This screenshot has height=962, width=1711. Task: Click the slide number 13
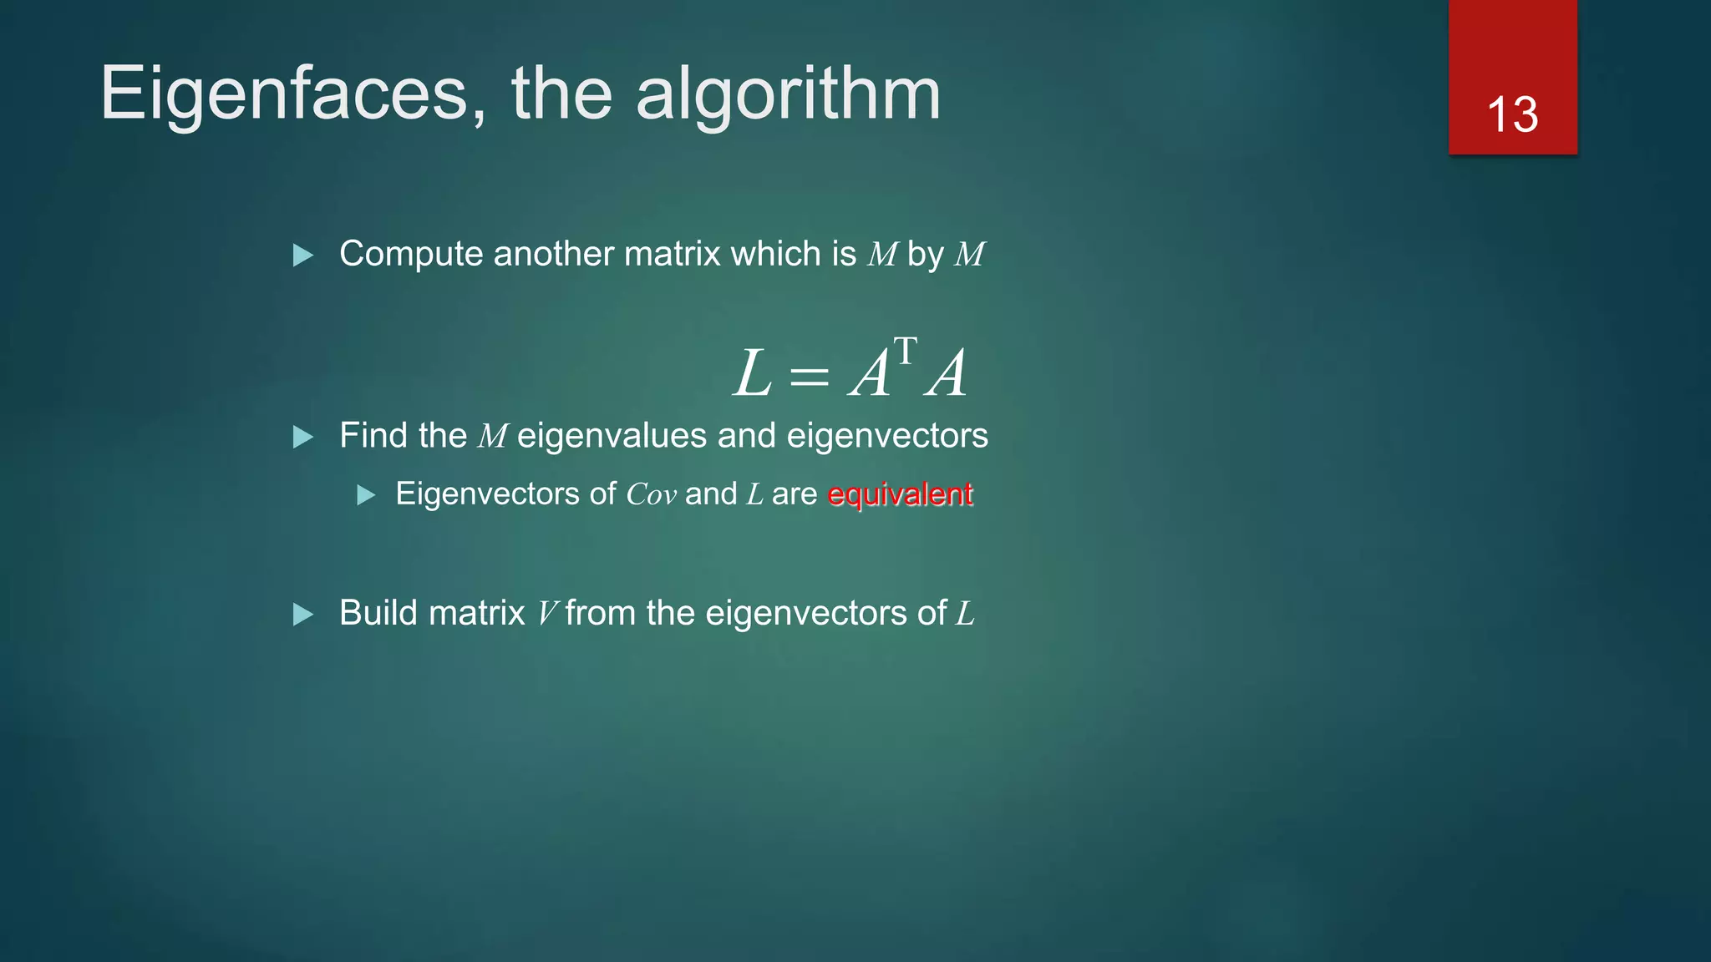[1512, 114]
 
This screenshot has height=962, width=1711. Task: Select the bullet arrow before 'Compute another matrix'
[303, 256]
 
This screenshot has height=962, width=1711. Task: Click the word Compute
[411, 255]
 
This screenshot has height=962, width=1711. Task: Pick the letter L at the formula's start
[752, 374]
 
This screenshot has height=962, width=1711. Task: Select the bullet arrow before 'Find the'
[303, 437]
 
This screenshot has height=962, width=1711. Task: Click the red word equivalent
[900, 494]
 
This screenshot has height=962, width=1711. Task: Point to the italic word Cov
[651, 494]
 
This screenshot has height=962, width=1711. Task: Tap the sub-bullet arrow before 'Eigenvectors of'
[366, 496]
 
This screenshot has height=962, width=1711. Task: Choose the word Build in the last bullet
[379, 613]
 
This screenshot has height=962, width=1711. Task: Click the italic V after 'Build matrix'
[546, 614]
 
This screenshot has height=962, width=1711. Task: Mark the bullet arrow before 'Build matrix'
[303, 615]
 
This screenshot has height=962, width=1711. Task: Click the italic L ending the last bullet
[965, 614]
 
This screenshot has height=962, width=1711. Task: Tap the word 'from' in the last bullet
[601, 614]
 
